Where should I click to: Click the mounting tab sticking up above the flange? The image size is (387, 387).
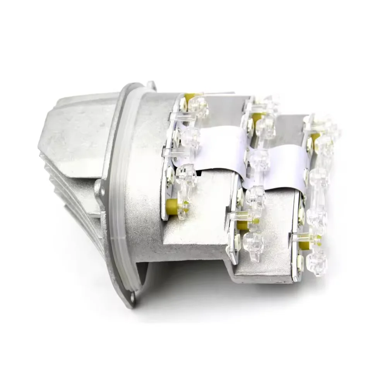pos(151,84)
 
